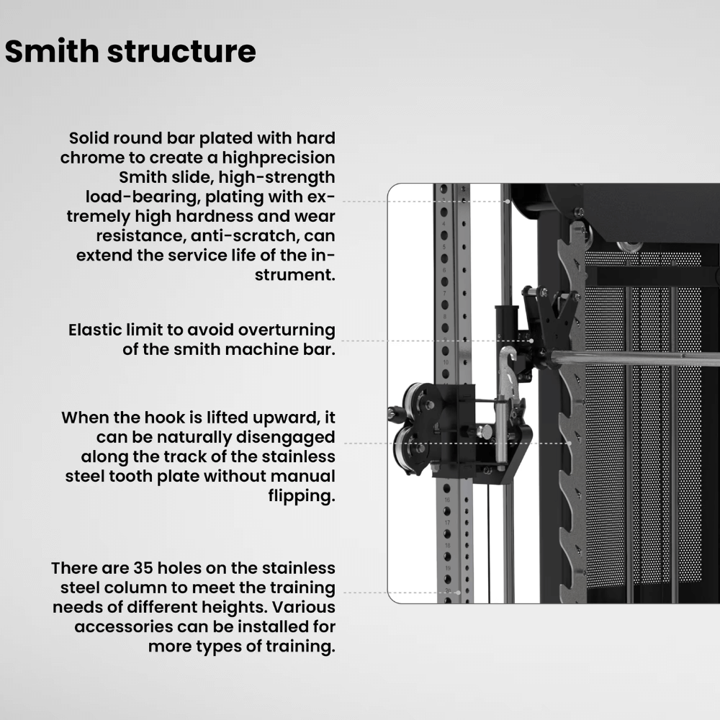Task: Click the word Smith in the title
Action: [x=51, y=50]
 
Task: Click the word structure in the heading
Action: [x=181, y=51]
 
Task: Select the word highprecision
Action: [x=278, y=158]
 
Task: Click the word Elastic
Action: [x=94, y=330]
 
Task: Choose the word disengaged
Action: [x=284, y=438]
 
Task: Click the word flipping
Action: [x=302, y=496]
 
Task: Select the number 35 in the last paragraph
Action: [x=143, y=568]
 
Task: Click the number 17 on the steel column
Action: [x=447, y=523]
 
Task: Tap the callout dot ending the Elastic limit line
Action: [x=531, y=341]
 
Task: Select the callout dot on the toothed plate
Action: [x=570, y=443]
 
